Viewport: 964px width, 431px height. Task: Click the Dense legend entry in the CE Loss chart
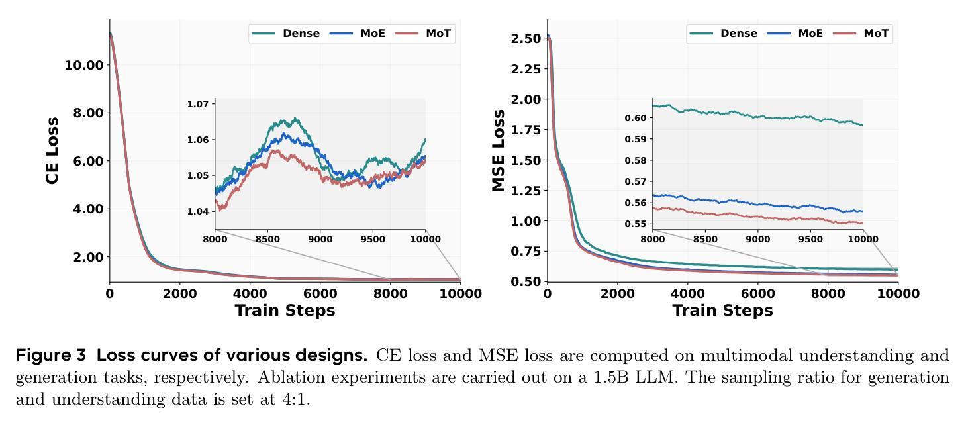[x=301, y=34]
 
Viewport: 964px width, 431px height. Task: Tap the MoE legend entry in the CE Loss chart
[x=372, y=34]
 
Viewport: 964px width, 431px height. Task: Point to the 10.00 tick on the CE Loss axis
[x=84, y=65]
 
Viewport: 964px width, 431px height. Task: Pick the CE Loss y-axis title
[x=53, y=150]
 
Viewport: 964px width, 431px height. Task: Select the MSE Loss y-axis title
[x=499, y=150]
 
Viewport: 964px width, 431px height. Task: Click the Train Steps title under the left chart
[x=285, y=311]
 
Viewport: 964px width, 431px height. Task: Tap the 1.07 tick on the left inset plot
[x=197, y=104]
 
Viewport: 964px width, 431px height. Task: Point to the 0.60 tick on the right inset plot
[x=636, y=118]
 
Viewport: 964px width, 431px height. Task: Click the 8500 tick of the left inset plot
[x=267, y=239]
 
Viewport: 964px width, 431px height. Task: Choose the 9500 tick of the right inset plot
[x=810, y=239]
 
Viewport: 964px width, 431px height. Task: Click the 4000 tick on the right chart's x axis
[x=687, y=293]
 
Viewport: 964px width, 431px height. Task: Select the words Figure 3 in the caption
[x=51, y=356]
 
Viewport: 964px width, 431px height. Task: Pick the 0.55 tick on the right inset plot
[x=636, y=224]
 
